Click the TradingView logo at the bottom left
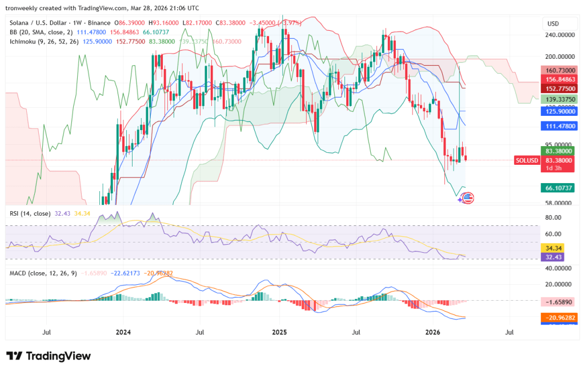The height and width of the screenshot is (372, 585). (x=49, y=356)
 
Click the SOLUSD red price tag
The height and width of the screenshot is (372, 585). (x=527, y=160)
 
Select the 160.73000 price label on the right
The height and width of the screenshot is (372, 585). (x=558, y=69)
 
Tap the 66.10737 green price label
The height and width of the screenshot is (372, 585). (x=558, y=188)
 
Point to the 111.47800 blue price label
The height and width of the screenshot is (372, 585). (x=558, y=126)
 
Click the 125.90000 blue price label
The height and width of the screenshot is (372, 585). (x=558, y=112)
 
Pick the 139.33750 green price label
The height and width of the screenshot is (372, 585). (x=558, y=99)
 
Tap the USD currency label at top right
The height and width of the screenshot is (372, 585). (x=553, y=23)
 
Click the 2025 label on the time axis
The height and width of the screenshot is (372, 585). (x=279, y=331)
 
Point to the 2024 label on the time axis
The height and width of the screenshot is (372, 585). (x=123, y=331)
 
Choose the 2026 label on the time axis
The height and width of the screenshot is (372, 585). (x=433, y=331)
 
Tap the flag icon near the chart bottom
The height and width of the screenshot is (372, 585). (x=467, y=198)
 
